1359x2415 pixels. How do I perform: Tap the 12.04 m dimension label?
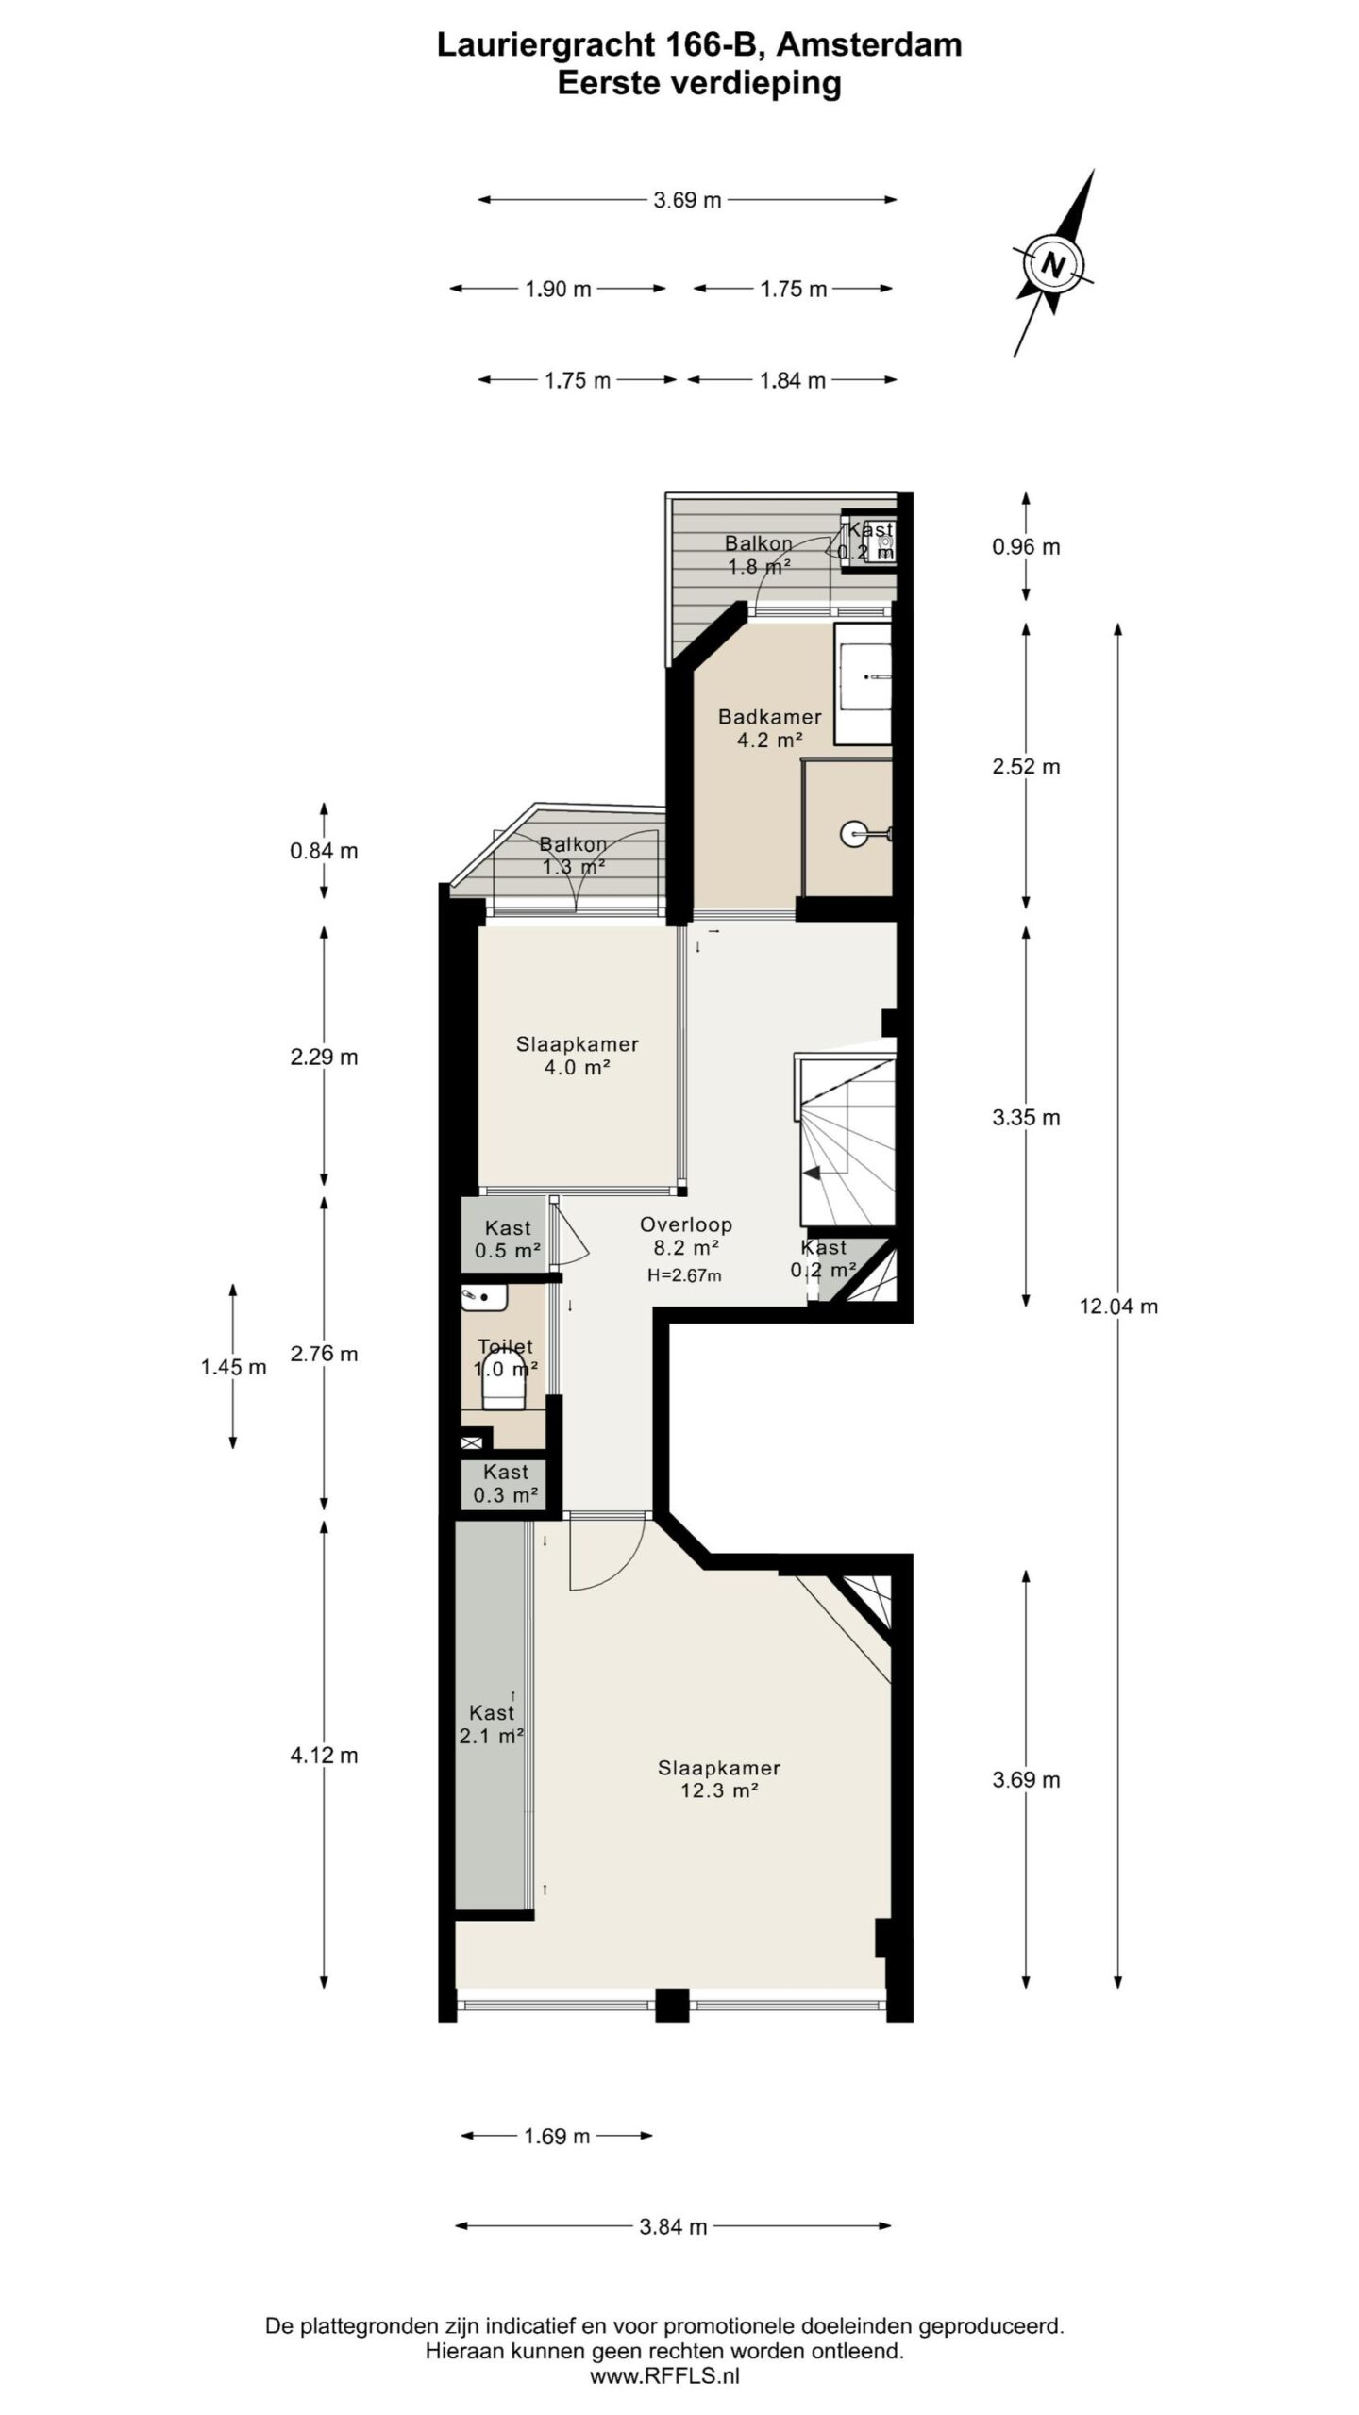point(1118,1307)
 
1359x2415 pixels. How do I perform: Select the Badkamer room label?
point(770,717)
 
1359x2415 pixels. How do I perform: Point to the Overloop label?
point(686,1224)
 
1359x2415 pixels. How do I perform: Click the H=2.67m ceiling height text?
point(684,1275)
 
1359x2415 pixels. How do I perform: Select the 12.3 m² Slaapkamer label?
point(719,1779)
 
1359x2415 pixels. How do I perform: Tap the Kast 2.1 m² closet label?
point(492,1724)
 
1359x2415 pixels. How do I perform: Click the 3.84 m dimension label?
point(673,2226)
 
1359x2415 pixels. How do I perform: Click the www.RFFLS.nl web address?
point(664,2375)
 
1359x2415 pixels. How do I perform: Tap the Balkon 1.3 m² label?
point(573,855)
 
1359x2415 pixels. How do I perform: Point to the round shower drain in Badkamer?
point(852,833)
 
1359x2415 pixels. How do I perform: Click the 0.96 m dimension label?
point(1026,547)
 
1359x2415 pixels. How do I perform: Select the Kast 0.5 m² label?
point(508,1240)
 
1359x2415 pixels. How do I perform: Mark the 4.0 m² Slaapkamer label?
point(577,1056)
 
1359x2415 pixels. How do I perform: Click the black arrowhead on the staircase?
point(811,1174)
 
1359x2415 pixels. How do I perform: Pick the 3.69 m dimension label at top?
point(687,200)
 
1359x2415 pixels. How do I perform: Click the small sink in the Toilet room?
point(484,1297)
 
